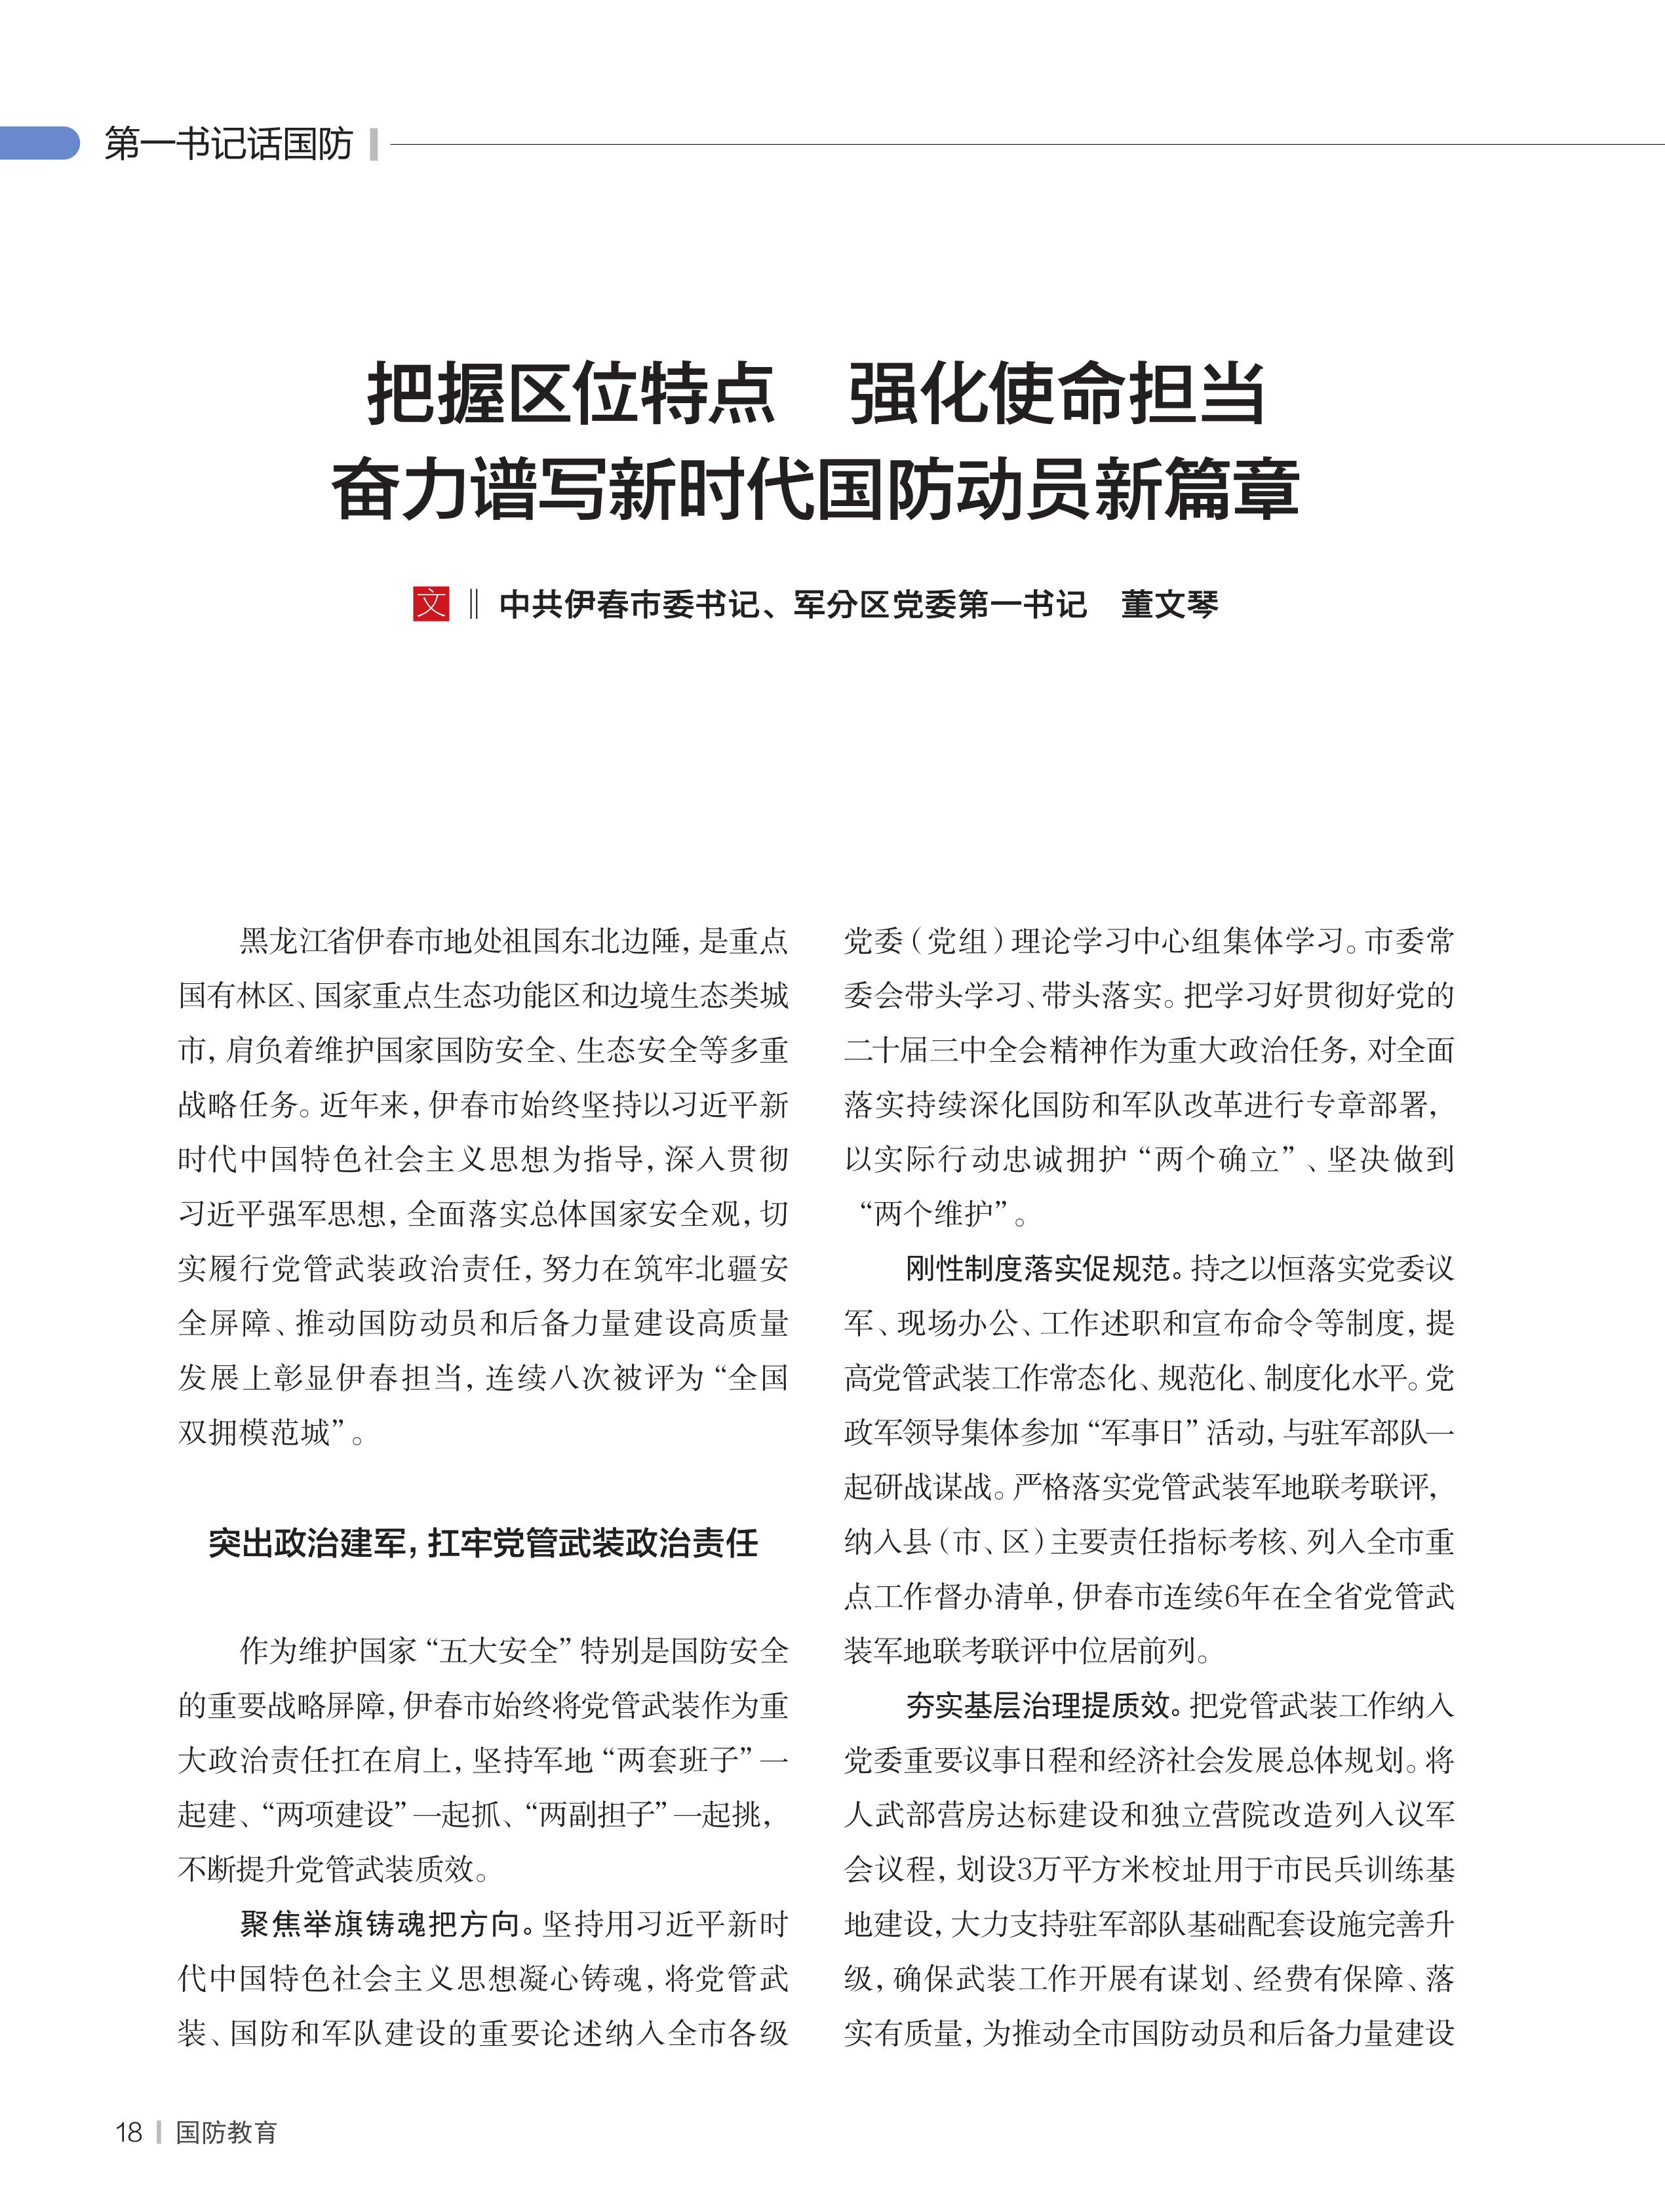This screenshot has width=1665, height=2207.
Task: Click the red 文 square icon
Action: pos(431,604)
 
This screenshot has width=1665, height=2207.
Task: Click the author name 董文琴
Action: pos(1169,604)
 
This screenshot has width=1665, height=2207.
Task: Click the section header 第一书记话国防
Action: pos(229,144)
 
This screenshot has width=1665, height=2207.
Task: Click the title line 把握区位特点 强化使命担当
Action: pos(816,394)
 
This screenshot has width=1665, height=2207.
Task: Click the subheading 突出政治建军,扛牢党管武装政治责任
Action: pos(483,1542)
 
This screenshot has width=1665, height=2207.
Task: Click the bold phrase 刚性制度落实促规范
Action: pos(1038,1268)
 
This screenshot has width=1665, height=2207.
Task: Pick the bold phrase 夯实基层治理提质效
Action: pos(1038,1705)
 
